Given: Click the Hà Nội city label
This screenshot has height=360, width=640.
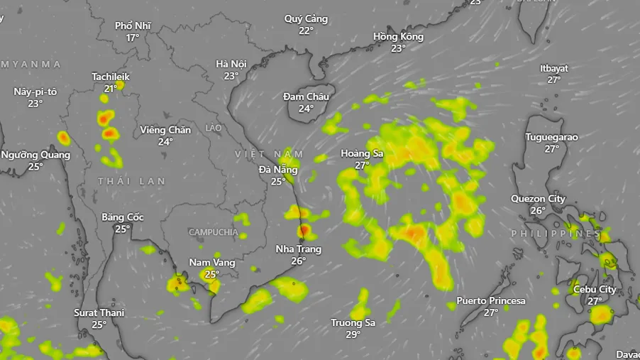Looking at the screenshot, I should [x=231, y=64].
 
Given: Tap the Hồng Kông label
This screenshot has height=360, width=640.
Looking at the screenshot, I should [x=398, y=37].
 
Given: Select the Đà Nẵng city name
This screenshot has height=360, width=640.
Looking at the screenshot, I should [x=278, y=170].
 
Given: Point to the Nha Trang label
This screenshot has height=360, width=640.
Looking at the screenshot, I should [x=298, y=249].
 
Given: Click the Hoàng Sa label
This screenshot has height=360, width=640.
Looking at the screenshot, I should [x=362, y=153].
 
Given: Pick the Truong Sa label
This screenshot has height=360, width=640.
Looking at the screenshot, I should [x=353, y=323].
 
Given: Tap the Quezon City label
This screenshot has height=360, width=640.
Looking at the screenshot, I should [x=538, y=199].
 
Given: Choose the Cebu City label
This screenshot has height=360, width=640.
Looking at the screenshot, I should [x=595, y=290].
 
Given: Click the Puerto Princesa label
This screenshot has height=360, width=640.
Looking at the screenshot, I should [x=491, y=301].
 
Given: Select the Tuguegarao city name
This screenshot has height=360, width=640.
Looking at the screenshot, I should [x=551, y=137].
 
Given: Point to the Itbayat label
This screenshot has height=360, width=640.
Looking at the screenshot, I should [x=554, y=69].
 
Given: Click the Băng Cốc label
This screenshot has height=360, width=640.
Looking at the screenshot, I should [x=123, y=217].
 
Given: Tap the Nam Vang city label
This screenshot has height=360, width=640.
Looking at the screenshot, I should [x=211, y=263].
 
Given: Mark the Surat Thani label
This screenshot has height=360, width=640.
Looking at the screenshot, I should [x=99, y=313].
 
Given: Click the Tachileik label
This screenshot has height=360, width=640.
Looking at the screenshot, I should [x=111, y=77].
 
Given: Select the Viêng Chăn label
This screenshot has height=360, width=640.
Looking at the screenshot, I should [x=165, y=130].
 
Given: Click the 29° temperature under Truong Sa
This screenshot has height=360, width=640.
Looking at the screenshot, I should [x=353, y=334].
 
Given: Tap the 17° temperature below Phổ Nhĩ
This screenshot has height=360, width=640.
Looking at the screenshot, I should [x=133, y=38].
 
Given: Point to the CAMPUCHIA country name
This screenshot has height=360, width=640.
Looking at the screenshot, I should [x=213, y=232].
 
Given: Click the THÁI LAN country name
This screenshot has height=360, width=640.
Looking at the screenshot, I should [x=131, y=182].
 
